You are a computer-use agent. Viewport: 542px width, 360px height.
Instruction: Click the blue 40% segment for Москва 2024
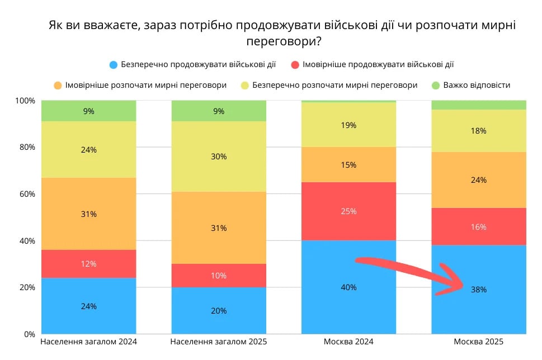[x=348, y=287]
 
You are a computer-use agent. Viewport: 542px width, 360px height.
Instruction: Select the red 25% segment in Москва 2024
[x=348, y=211]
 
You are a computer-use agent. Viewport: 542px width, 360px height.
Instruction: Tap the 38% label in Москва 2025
[x=478, y=290]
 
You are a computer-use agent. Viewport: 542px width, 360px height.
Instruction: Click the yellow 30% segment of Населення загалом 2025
[x=219, y=157]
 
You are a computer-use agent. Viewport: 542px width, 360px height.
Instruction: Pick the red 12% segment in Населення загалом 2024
[x=89, y=263]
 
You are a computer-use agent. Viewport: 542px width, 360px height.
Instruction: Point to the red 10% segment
[x=219, y=275]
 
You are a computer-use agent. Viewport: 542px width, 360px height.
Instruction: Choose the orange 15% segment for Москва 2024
[x=348, y=164]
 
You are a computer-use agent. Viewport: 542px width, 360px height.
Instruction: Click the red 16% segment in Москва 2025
[x=478, y=226]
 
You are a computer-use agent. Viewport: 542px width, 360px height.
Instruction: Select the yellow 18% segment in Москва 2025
[x=478, y=131]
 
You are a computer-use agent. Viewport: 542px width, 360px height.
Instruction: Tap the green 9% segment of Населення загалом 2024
[x=89, y=111]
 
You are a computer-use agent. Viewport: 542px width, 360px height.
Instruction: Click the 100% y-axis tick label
[x=25, y=101]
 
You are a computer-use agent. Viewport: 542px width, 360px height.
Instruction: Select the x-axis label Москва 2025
[x=478, y=342]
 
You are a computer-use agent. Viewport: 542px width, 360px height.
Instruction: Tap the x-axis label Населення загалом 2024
[x=89, y=342]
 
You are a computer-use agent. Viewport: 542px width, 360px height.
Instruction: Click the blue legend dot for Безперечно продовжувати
[x=114, y=65]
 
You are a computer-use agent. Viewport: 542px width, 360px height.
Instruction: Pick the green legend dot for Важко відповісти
[x=436, y=86]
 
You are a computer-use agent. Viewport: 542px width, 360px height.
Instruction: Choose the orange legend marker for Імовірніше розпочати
[x=58, y=86]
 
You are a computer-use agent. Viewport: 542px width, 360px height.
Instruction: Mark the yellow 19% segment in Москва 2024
[x=348, y=125]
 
